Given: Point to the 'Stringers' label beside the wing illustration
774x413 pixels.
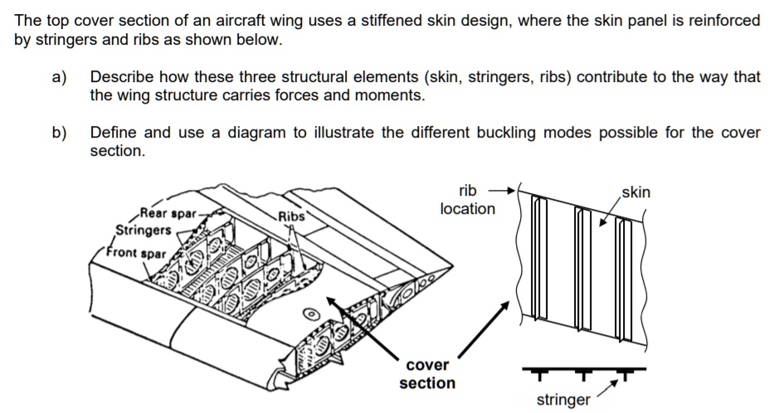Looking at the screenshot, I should click(x=144, y=230).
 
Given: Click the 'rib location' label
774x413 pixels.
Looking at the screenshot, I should click(x=467, y=199).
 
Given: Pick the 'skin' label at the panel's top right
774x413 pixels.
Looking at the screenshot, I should click(x=635, y=192).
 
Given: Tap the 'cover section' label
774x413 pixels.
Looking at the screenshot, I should click(x=427, y=374).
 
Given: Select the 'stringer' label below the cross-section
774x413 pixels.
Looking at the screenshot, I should click(x=563, y=401).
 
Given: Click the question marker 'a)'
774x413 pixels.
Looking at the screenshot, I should click(x=59, y=77).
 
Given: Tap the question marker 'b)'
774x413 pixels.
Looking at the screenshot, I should click(x=59, y=132).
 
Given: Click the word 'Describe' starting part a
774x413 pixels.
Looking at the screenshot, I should click(x=121, y=77).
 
